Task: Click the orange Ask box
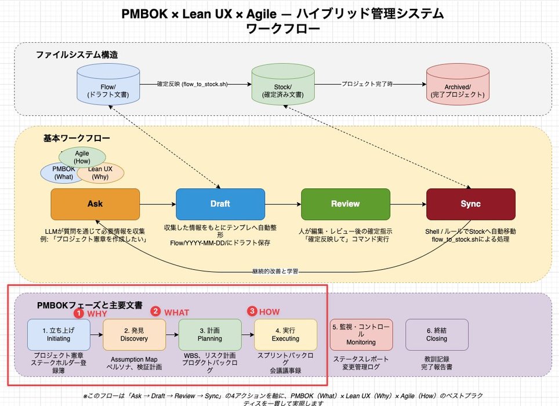pos(95,204)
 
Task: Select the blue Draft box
pos(220,204)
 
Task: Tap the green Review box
pos(345,204)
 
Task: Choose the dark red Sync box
pos(470,204)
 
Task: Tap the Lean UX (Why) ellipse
pos(101,173)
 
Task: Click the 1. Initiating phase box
pos(59,335)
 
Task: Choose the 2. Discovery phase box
pos(134,335)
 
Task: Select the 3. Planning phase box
pos(210,335)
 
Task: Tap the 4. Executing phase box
pos(285,335)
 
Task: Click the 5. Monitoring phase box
pos(361,335)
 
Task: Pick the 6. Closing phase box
pos(437,335)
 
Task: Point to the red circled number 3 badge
pos(252,311)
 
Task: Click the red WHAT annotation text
pos(177,313)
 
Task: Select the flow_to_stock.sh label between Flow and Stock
pos(192,84)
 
